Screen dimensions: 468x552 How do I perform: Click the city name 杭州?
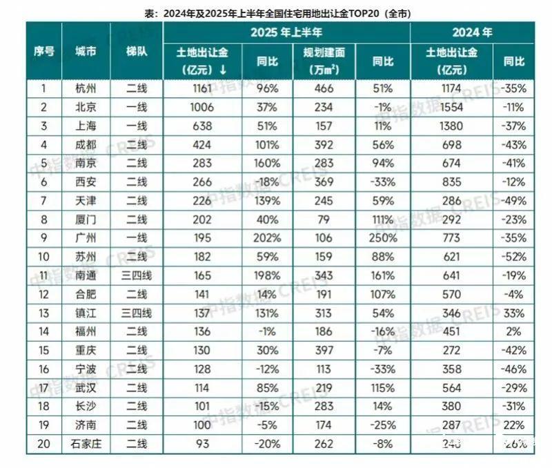(x=86, y=88)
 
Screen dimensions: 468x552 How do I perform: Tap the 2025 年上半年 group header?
(x=286, y=32)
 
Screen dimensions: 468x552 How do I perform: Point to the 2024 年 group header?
(x=472, y=32)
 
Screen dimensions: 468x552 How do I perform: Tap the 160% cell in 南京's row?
(x=268, y=163)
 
